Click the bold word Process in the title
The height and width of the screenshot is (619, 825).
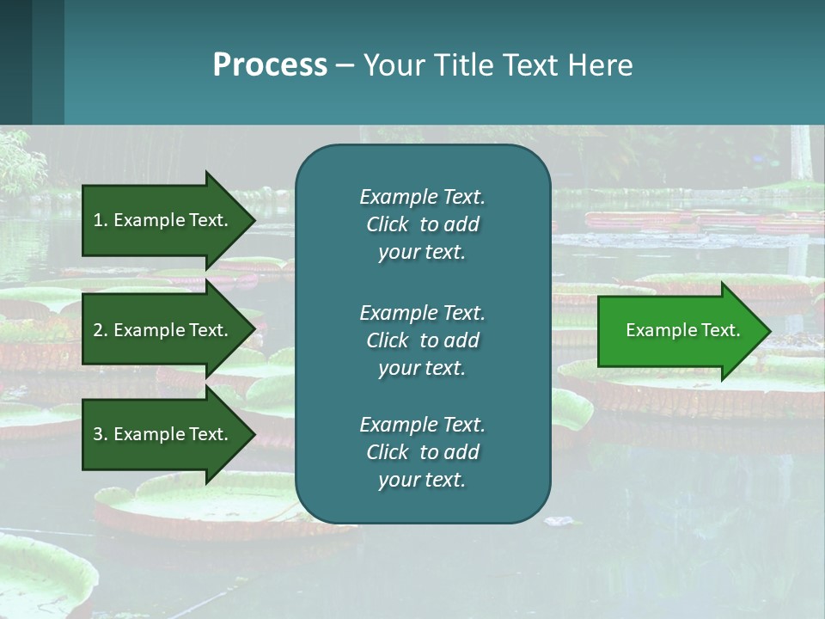270,65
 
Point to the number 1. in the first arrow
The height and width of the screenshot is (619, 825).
101,220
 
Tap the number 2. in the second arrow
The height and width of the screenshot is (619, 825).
101,330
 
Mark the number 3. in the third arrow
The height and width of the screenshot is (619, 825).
101,434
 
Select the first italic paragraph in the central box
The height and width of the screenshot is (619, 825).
422,224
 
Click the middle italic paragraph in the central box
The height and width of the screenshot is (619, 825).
422,340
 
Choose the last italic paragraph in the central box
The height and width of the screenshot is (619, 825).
422,452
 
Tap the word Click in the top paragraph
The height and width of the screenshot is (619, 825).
388,224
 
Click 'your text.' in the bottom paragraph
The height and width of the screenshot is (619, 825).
422,480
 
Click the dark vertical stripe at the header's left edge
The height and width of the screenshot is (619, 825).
16,62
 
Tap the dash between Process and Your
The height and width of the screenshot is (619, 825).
345,66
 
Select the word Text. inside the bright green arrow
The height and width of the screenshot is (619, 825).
718,330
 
